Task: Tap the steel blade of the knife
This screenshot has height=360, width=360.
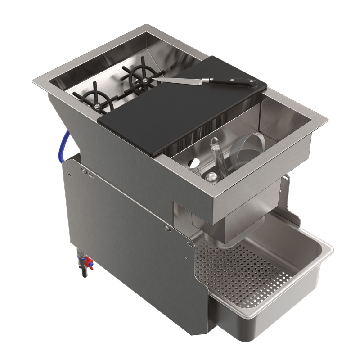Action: point(184,81)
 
